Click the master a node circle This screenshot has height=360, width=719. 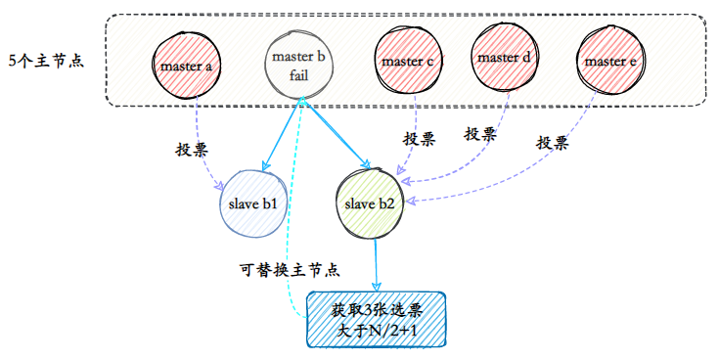tap(187, 65)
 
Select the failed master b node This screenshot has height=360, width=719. tap(299, 65)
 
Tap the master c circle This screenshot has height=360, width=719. tap(408, 62)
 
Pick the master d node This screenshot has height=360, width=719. tap(505, 58)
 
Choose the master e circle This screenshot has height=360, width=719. tap(610, 61)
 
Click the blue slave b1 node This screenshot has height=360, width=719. tap(253, 203)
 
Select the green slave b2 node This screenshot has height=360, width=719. tap(370, 204)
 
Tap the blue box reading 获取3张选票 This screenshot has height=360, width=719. tap(376, 319)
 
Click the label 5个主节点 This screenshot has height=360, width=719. tap(46, 61)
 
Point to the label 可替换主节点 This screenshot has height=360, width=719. tap(290, 270)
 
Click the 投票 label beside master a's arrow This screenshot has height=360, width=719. tap(192, 150)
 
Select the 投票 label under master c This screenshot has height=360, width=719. tap(419, 139)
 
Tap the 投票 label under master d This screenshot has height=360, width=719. tap(480, 134)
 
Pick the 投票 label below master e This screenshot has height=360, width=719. tap(553, 143)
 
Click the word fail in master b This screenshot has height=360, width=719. tap(299, 74)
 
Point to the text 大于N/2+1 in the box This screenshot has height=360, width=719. tap(377, 331)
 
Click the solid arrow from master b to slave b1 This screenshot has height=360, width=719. tap(282, 133)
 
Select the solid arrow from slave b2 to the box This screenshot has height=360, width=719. tap(376, 264)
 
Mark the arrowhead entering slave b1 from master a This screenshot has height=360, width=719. tap(220, 186)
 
